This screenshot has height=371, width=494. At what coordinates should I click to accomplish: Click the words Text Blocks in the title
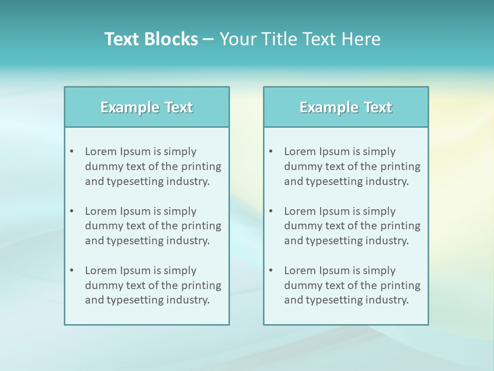point(151,39)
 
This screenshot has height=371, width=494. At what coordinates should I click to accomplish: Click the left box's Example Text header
point(147,107)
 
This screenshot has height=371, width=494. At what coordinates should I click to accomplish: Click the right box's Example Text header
point(346,107)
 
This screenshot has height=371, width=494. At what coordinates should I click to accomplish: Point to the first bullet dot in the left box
point(72,151)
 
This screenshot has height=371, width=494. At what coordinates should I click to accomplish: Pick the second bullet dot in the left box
point(72,211)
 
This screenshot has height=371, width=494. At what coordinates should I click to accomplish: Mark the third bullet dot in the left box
point(72,271)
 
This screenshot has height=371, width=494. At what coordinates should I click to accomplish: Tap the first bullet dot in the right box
point(271,151)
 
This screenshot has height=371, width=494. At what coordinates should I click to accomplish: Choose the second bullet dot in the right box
point(271,211)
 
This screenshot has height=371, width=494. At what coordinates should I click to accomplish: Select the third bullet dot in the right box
point(271,271)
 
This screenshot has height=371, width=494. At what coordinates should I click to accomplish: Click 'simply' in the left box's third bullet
point(180,271)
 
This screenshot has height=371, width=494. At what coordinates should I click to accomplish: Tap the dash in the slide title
point(208,39)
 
